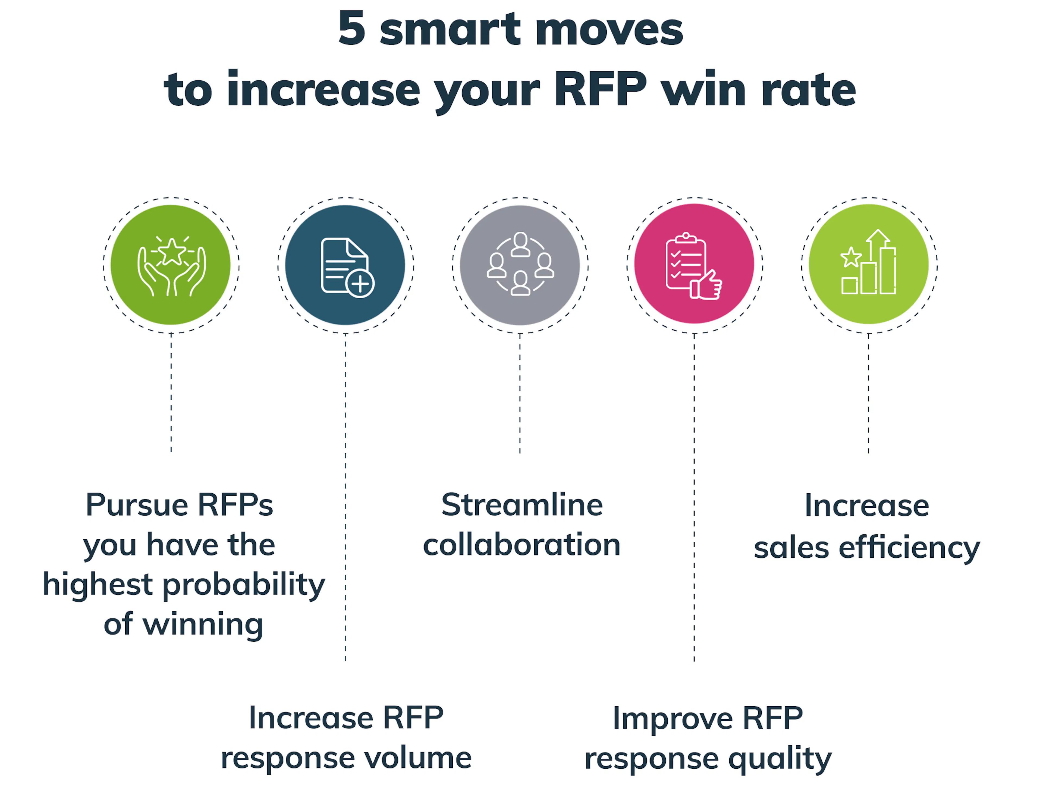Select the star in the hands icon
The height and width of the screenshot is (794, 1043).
coord(172,252)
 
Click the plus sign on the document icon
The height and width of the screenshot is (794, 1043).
coord(360,284)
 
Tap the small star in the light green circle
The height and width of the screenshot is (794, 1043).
coord(851,258)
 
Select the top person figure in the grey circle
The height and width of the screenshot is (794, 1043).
coord(520,244)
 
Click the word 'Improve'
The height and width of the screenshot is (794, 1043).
coord(673,718)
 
